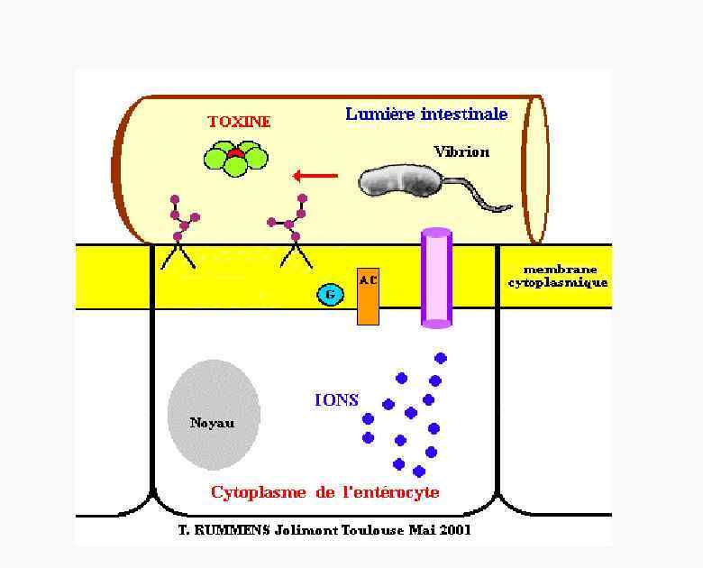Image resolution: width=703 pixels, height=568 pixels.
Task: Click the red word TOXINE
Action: tap(239, 122)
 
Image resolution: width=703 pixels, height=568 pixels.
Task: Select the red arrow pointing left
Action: tap(315, 176)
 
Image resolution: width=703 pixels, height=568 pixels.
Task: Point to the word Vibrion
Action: tap(461, 152)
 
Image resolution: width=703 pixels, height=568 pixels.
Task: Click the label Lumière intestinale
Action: tap(426, 115)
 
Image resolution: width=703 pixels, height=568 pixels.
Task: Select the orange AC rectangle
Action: tap(368, 296)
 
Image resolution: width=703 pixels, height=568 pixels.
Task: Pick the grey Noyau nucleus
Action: tap(214, 415)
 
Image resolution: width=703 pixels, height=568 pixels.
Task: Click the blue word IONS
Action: tap(336, 400)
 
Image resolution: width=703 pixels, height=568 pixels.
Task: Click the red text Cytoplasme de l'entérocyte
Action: tap(325, 492)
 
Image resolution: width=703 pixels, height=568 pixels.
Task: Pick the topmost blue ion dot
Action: tap(441, 358)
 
